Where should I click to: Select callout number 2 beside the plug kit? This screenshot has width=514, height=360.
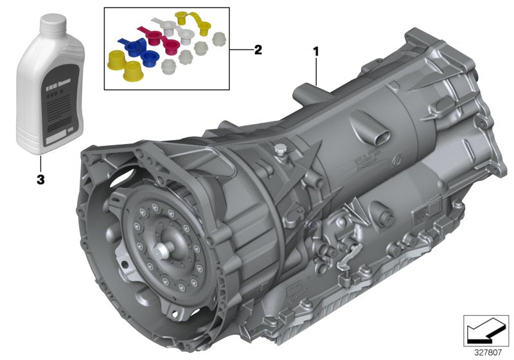coord(258,50)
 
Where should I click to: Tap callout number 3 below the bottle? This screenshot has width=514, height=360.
coord(40,181)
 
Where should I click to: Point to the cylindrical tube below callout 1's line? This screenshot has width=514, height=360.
coord(307,93)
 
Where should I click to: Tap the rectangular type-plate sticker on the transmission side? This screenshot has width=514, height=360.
coord(423,213)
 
